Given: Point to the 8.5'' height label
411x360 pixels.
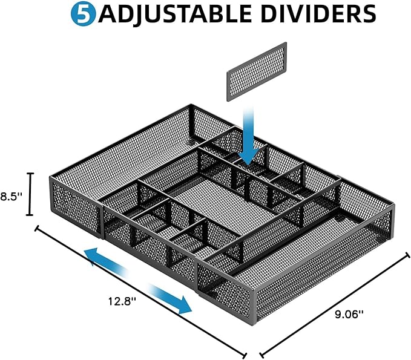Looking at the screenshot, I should (x=12, y=195).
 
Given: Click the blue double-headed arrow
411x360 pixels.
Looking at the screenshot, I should (x=137, y=280).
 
